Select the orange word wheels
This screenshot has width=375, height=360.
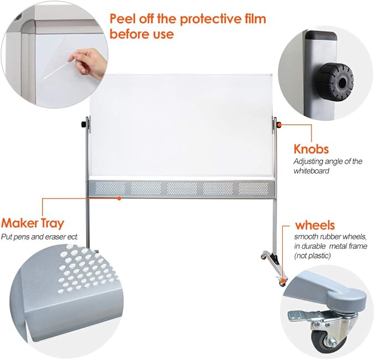coord(315,225)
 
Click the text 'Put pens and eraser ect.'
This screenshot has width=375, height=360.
coord(39,237)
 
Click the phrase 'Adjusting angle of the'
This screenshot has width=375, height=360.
coord(328,161)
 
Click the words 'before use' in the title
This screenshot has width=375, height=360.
coord(142,34)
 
